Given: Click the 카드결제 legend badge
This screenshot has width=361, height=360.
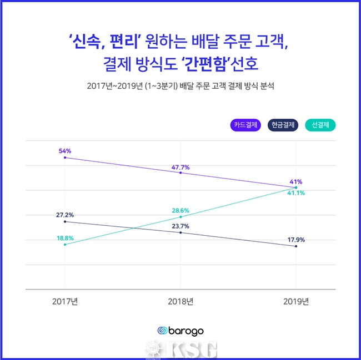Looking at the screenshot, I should pos(245,125).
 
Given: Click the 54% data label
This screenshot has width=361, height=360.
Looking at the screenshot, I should pos(66,150).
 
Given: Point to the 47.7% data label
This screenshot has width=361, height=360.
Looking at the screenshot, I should pos(180,166).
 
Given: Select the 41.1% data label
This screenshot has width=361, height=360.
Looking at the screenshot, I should pos(295,194).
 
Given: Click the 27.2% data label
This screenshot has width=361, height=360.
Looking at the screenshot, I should pos(65,215).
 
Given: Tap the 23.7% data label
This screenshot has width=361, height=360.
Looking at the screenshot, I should pos(180,226).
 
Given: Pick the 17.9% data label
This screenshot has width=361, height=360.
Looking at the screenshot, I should pos(295,240).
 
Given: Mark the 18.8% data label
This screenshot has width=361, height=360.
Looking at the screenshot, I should pos(65,238).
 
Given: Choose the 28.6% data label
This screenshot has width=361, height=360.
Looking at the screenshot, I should pos(180,211).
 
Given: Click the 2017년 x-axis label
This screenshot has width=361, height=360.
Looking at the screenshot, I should pos(65,302).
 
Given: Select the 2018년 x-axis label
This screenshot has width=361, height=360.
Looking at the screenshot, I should pos(180,302).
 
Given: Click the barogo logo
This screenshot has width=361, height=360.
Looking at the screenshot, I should pos(180,331).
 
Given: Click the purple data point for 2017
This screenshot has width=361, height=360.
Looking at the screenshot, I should pos(65,158).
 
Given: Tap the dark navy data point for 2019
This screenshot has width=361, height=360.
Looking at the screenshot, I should pos(295,246).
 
